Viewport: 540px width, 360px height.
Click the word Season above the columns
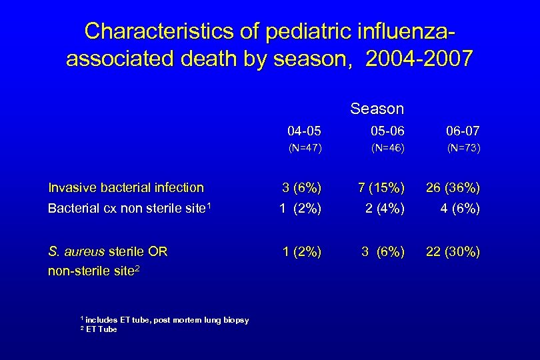377,109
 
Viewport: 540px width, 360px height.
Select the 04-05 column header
305,131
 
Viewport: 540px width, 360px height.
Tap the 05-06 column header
387,131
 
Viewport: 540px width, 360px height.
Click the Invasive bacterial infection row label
126,188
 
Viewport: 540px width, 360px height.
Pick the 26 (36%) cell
453,188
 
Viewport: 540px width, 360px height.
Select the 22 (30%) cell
453,251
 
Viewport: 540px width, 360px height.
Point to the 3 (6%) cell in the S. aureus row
383,251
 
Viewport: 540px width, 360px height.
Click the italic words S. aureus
76,251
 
